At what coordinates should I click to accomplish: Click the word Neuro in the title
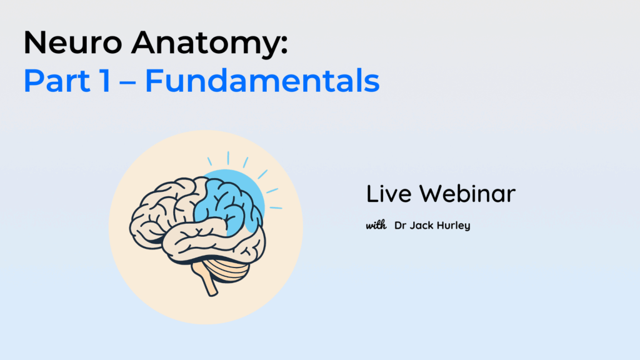[x=73, y=42]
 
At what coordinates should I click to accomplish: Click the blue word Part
[x=57, y=81]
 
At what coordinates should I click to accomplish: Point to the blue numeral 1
[x=106, y=81]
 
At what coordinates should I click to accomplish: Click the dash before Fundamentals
[x=127, y=82]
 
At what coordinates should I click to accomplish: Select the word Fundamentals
[x=262, y=80]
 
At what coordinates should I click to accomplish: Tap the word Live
[x=389, y=194]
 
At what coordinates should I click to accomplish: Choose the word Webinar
[x=467, y=194]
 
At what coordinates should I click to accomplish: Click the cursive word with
[x=376, y=225]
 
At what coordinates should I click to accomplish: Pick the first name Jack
[x=421, y=225]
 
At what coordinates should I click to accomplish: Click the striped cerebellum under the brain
[x=229, y=269]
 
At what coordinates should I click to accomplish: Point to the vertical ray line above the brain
[x=228, y=158]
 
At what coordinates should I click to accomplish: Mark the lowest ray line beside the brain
[x=276, y=207]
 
